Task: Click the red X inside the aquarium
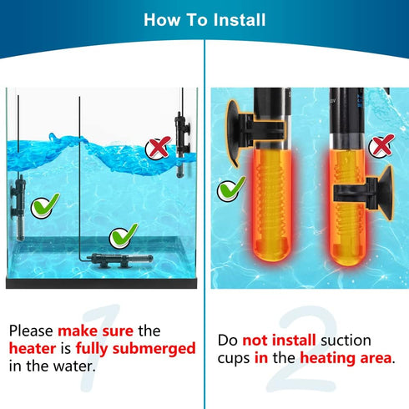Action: [155, 149]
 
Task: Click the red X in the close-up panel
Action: [381, 148]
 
